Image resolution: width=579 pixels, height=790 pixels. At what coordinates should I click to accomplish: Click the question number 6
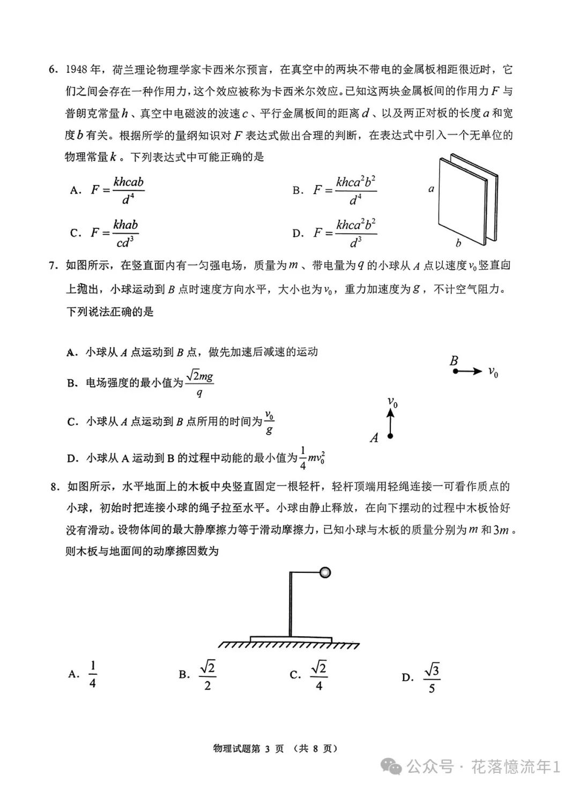52,70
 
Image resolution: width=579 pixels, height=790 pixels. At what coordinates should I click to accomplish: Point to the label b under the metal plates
458,243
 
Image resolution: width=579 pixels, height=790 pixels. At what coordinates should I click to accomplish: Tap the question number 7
53,265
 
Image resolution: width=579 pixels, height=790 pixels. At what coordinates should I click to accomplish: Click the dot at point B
455,371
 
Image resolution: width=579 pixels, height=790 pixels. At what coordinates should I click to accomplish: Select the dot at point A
390,436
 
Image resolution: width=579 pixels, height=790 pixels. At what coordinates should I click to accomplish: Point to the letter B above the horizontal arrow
454,360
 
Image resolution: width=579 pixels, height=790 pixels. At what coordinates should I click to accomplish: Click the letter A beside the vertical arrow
374,438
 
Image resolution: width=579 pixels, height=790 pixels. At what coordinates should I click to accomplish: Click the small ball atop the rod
324,573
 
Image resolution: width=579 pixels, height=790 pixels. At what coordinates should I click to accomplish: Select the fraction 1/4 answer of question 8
92,674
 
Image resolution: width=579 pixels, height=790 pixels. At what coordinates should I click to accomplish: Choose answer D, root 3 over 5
432,678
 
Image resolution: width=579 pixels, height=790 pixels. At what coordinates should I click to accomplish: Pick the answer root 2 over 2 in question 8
207,675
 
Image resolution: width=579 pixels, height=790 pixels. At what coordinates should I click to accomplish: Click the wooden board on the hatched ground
291,639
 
